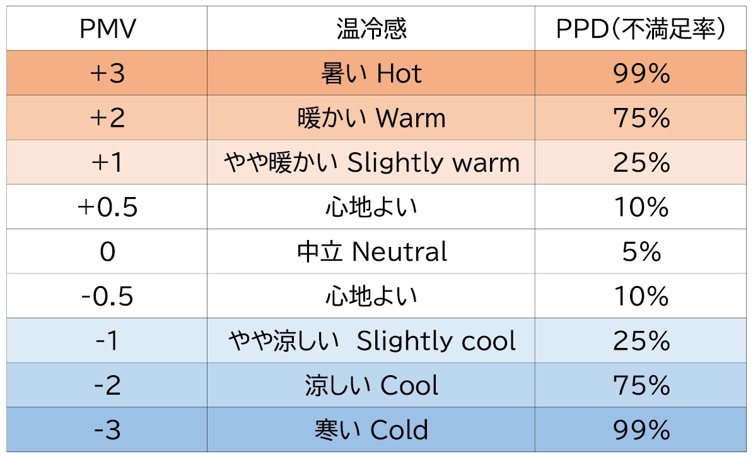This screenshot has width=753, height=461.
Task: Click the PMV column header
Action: (x=107, y=29)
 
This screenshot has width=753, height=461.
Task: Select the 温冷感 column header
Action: (x=371, y=29)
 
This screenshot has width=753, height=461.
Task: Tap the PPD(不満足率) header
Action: (x=641, y=29)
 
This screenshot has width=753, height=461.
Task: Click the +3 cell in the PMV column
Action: (x=107, y=74)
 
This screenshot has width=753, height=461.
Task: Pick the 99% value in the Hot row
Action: (x=641, y=74)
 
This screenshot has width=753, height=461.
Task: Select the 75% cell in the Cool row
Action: (x=641, y=386)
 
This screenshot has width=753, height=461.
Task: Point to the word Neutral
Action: (x=400, y=252)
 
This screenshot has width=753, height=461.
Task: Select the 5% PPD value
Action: (x=641, y=252)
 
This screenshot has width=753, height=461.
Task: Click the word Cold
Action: (x=399, y=431)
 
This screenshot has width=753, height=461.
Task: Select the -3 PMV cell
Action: (x=107, y=431)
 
